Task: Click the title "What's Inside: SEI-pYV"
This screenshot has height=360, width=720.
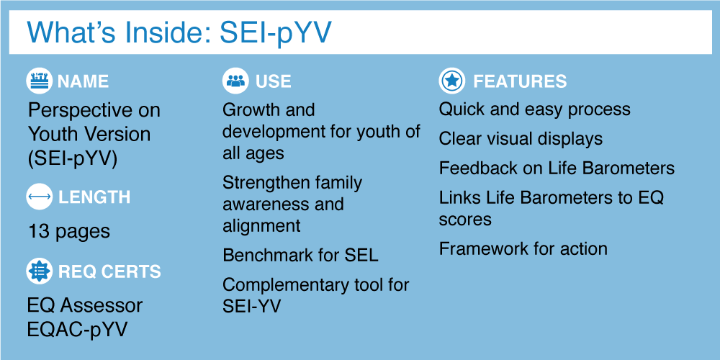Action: pyautogui.click(x=179, y=32)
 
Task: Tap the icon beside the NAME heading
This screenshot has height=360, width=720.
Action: pyautogui.click(x=39, y=81)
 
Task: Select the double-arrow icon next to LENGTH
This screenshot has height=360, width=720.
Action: pyautogui.click(x=39, y=197)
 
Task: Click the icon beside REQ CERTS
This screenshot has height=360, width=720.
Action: pyautogui.click(x=39, y=271)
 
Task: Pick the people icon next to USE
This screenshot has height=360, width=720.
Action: pyautogui.click(x=235, y=81)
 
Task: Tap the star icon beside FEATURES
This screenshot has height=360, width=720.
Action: pyautogui.click(x=452, y=81)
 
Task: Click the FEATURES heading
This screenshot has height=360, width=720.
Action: pyautogui.click(x=520, y=82)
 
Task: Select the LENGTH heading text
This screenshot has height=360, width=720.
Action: pyautogui.click(x=94, y=197)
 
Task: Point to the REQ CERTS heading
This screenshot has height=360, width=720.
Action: pyautogui.click(x=109, y=271)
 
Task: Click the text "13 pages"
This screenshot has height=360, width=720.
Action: pyautogui.click(x=69, y=231)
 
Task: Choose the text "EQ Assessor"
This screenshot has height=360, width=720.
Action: pyautogui.click(x=85, y=306)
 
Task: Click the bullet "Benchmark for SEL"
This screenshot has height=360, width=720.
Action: pyautogui.click(x=300, y=256)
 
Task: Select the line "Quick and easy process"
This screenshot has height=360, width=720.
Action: pyautogui.click(x=534, y=109)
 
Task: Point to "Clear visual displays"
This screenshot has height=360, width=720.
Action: pyautogui.click(x=521, y=139)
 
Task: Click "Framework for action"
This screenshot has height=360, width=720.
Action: pyautogui.click(x=523, y=249)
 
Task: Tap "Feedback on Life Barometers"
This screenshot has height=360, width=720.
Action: pyautogui.click(x=557, y=168)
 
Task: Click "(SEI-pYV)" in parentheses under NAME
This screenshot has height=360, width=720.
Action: pyautogui.click(x=73, y=158)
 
